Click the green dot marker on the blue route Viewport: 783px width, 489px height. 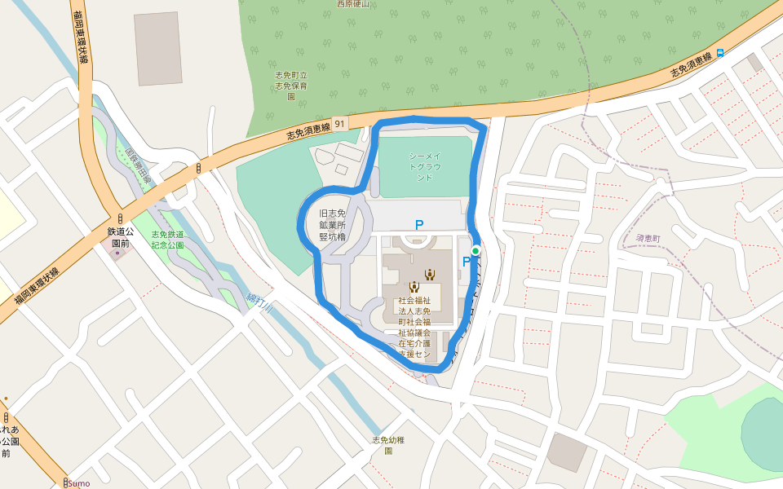[x=476, y=251]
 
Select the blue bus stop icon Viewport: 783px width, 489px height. [x=721, y=53]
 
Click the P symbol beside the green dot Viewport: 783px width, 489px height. [x=467, y=262]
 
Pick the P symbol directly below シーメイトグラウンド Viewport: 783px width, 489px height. [x=419, y=225]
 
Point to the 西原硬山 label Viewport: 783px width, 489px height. [x=353, y=3]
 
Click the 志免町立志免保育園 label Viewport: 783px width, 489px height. [x=290, y=85]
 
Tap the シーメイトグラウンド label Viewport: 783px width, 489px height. [x=425, y=166]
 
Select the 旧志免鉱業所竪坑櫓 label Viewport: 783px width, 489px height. [x=333, y=224]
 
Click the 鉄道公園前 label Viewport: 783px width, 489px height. [x=119, y=237]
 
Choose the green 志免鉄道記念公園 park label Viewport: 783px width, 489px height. [x=167, y=240]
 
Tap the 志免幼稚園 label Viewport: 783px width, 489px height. [x=388, y=445]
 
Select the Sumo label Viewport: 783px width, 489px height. [x=79, y=483]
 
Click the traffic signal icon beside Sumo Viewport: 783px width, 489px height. [x=66, y=482]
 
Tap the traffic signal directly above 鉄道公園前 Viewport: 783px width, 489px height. [x=120, y=219]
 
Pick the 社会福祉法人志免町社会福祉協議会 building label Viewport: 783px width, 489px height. [x=414, y=328]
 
